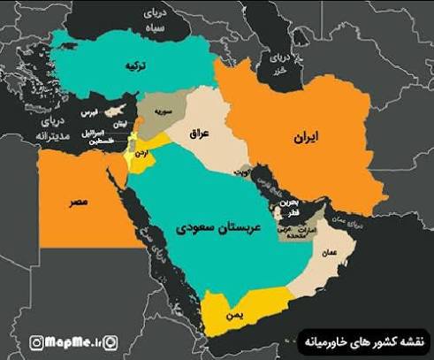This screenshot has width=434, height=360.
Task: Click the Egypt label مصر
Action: pyautogui.click(x=79, y=203)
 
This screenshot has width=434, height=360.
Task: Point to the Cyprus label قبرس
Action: pyautogui.click(x=91, y=114)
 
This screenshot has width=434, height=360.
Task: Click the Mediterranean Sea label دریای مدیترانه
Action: pyautogui.click(x=49, y=129)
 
